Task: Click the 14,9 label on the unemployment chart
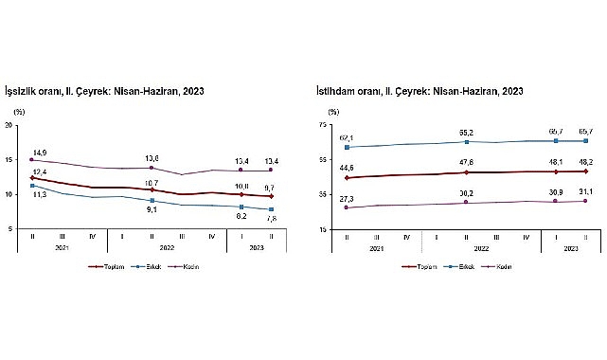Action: click(39, 151)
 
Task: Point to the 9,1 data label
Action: click(152, 210)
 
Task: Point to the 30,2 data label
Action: click(466, 194)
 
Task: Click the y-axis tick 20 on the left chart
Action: click(9, 124)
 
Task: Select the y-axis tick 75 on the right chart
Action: click(321, 124)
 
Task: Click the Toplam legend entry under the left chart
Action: click(112, 266)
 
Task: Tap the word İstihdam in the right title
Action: click(337, 91)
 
